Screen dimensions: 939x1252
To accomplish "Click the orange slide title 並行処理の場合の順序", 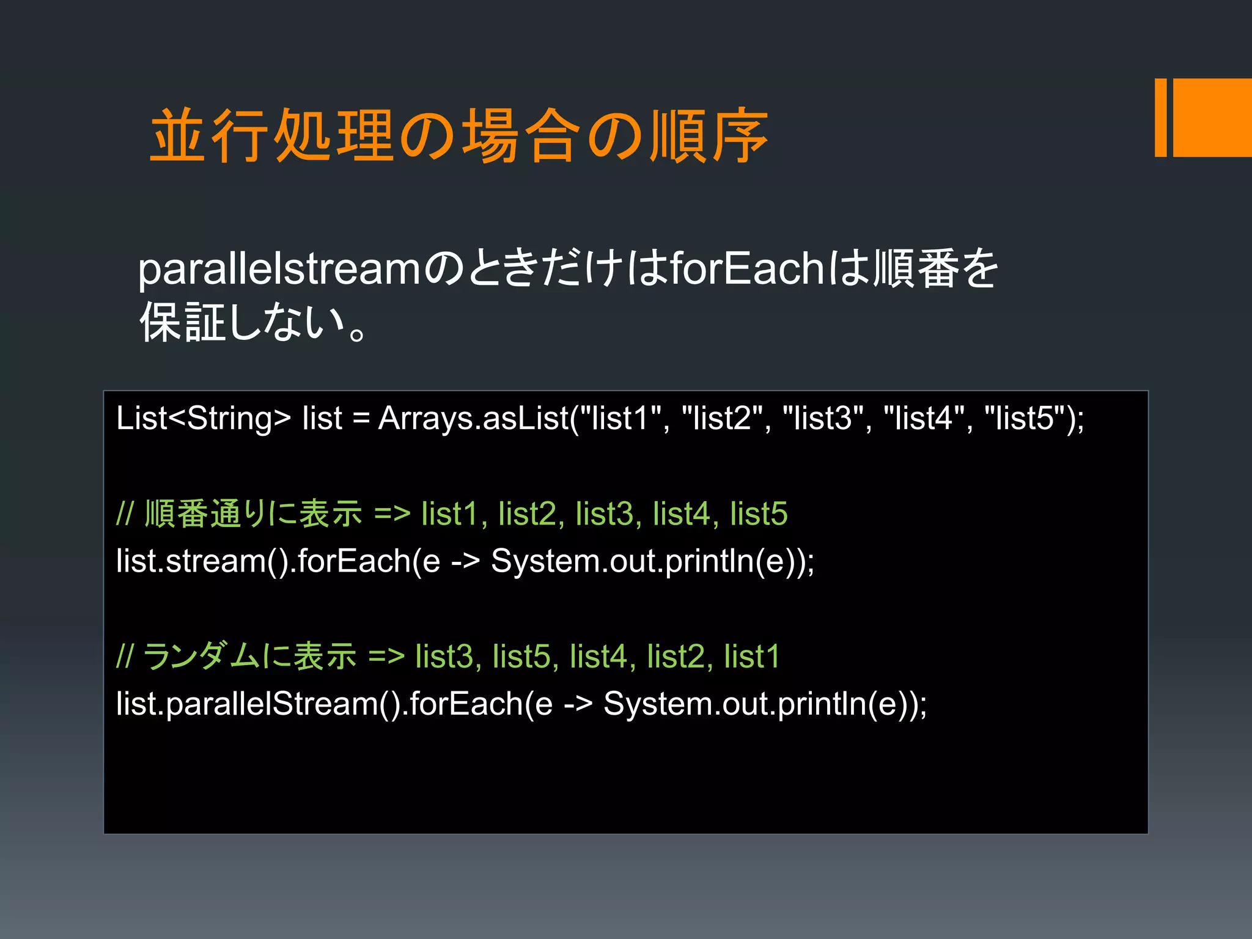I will pyautogui.click(x=458, y=136).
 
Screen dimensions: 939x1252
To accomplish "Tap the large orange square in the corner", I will pyautogui.click(x=1212, y=117).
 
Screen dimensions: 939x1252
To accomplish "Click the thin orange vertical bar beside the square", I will pyautogui.click(x=1160, y=117).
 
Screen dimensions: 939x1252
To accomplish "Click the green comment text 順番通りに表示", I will pyautogui.click(x=253, y=514).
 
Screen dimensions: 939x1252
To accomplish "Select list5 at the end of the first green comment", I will pyautogui.click(x=759, y=514).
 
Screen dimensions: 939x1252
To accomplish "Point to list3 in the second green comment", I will pyautogui.click(x=444, y=657).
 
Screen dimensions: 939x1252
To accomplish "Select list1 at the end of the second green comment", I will pyautogui.click(x=752, y=657).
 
